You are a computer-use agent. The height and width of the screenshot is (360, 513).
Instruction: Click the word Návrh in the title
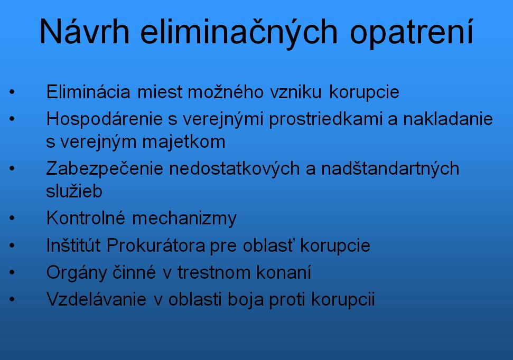[85, 31]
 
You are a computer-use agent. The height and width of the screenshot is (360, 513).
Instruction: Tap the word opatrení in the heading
[412, 33]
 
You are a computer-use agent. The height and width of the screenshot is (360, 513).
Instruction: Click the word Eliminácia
[88, 91]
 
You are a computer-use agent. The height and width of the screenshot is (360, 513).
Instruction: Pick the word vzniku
[296, 92]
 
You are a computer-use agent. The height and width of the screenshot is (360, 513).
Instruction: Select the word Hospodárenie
[105, 119]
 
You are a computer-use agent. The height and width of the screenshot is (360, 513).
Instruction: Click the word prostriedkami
[325, 119]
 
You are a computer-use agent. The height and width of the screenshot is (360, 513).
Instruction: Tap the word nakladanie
[447, 119]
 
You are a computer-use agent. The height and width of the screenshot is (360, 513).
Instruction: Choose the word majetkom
[184, 142]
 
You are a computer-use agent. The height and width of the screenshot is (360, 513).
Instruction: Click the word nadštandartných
[390, 169]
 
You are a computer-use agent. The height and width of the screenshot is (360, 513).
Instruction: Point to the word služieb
[74, 191]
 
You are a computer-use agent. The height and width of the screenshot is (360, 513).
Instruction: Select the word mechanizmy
[184, 219]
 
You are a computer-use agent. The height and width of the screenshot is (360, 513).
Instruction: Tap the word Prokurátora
[156, 245]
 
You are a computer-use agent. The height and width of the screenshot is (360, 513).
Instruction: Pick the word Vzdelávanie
[96, 299]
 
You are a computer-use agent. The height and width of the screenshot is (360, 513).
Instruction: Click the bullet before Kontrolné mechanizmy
[12, 218]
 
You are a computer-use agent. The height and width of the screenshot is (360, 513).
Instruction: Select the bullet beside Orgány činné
[12, 272]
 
